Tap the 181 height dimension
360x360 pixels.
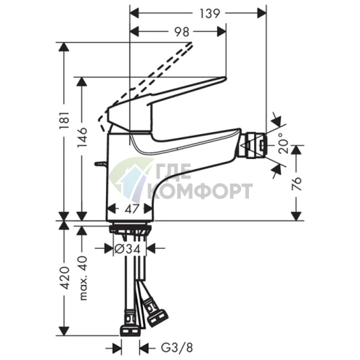coord(65,120)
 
